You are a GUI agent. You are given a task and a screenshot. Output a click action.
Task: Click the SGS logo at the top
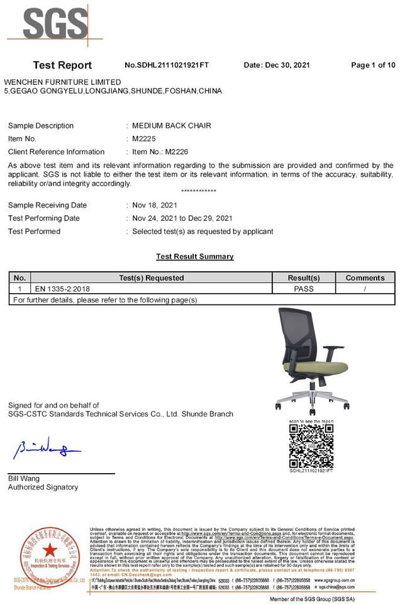(x=55, y=24)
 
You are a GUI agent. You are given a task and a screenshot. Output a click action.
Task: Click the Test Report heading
(x=62, y=65)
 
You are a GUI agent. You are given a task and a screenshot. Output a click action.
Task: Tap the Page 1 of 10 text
(x=373, y=65)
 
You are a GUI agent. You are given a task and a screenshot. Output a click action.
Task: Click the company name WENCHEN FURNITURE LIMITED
(x=62, y=82)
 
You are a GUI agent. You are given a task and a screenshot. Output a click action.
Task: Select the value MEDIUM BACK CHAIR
(x=172, y=126)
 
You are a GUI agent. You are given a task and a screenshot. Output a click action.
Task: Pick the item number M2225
(x=144, y=138)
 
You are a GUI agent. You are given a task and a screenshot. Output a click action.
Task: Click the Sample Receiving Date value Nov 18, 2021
(x=155, y=205)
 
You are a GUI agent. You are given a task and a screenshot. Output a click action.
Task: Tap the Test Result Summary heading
(x=195, y=257)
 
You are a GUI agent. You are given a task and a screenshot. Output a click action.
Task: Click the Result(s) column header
(x=304, y=277)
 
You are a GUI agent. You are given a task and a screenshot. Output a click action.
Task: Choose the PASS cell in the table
(x=304, y=289)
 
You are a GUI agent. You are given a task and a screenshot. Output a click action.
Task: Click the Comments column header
(x=365, y=277)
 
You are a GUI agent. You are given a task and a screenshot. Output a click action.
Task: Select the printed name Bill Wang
(x=24, y=479)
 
